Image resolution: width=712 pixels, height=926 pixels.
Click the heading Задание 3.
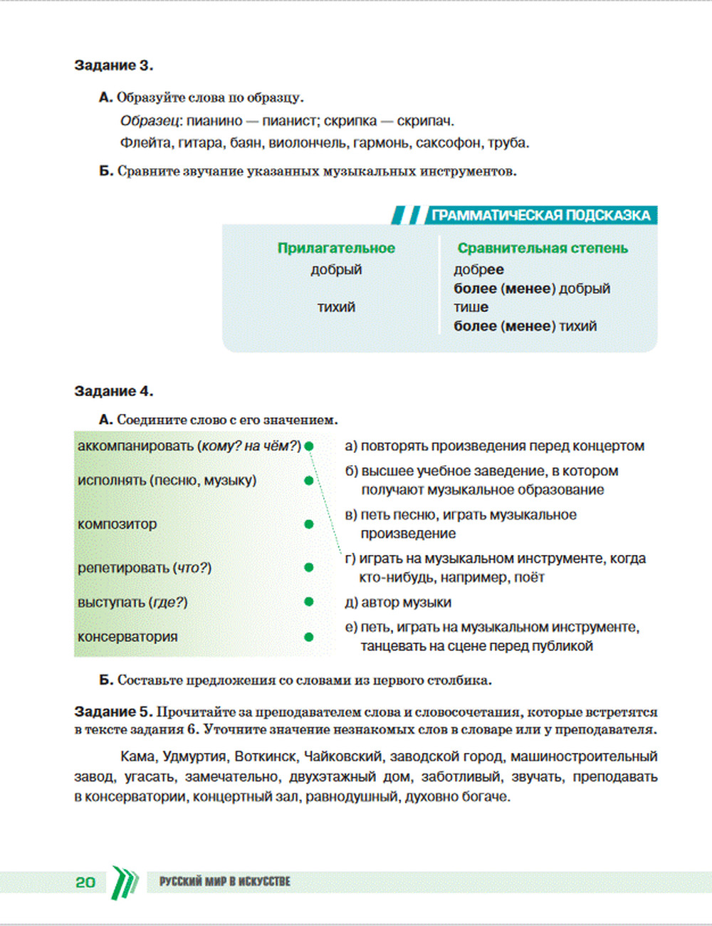113,66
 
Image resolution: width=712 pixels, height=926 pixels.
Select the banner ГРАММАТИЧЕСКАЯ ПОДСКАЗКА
540,215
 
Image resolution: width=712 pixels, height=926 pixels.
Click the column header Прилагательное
336,248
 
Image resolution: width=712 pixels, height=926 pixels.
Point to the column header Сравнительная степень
543,248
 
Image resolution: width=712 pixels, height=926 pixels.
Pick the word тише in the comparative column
471,307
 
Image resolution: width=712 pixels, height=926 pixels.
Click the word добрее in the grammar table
478,269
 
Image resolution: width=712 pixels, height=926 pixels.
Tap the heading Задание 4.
113,391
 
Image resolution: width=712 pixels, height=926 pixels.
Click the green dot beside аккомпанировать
309,447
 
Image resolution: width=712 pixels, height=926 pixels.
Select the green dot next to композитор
309,524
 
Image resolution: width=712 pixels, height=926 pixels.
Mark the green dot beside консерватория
309,637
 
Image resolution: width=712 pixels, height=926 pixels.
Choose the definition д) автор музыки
398,603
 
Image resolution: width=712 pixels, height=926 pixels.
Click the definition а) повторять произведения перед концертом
494,446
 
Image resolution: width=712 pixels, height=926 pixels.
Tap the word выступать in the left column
111,603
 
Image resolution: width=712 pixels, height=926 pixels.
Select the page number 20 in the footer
85,882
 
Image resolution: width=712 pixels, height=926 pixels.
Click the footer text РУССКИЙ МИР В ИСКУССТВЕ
224,882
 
